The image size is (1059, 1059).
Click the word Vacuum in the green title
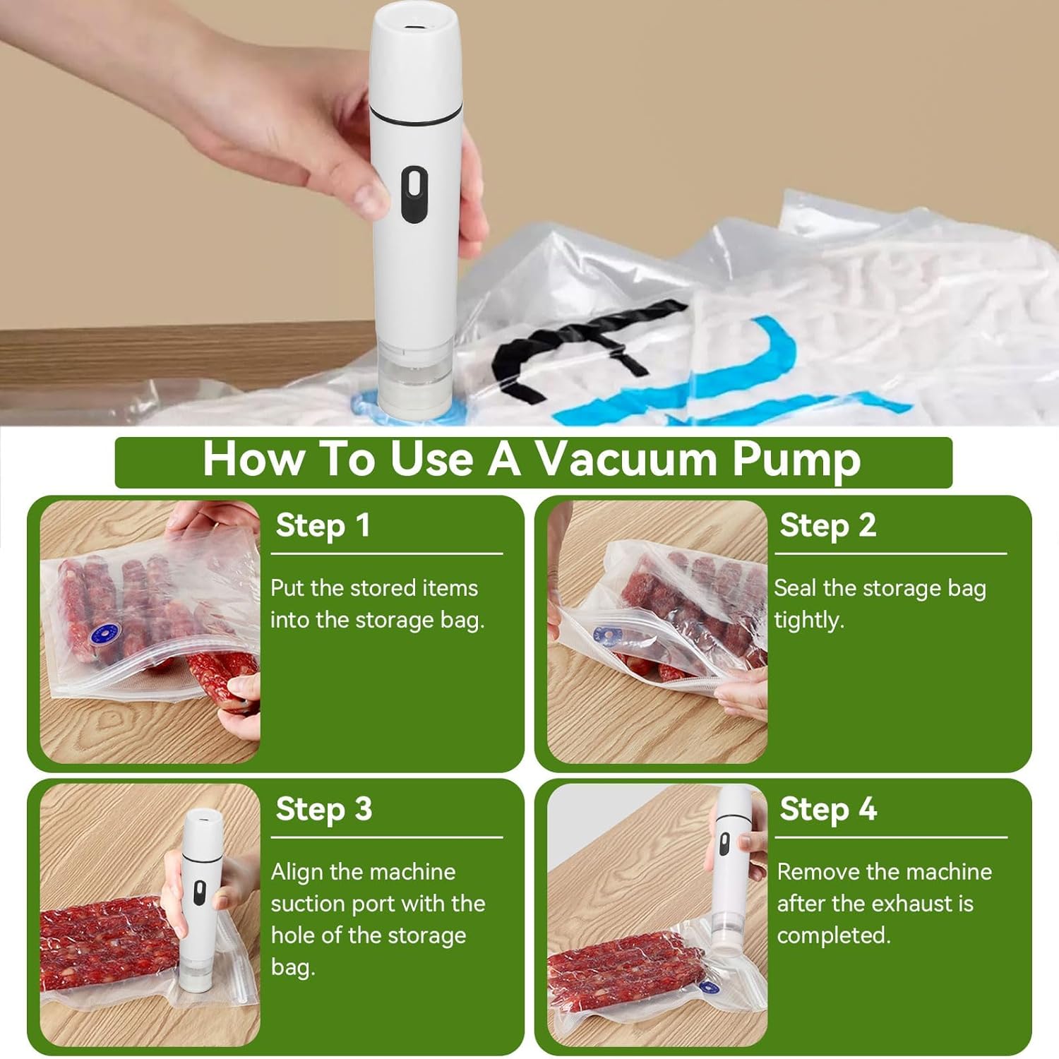click(x=626, y=459)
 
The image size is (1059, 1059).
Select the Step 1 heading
click(x=323, y=526)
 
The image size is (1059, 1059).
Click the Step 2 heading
click(x=828, y=526)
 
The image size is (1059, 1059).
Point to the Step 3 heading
click(x=323, y=809)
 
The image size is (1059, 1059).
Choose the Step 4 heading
click(x=828, y=809)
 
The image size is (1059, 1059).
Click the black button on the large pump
click(x=414, y=194)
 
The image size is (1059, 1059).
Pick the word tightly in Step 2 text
click(x=809, y=621)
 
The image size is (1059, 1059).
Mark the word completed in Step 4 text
click(x=834, y=936)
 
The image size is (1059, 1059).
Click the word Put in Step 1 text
click(x=287, y=588)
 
